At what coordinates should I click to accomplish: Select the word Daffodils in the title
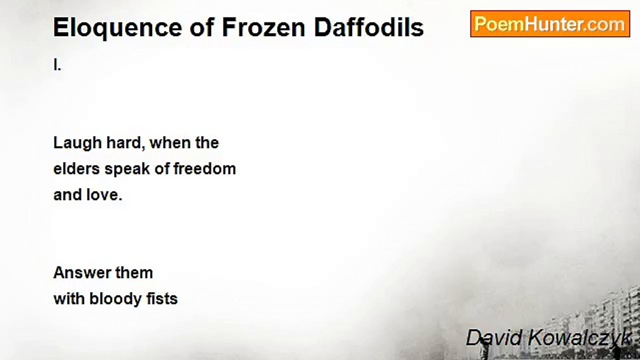(x=369, y=27)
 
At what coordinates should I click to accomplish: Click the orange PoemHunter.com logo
(x=550, y=24)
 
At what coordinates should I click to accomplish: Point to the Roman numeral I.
(x=57, y=65)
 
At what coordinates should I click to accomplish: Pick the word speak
(x=127, y=169)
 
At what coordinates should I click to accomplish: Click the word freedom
(x=204, y=169)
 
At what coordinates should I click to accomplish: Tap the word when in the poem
(x=170, y=143)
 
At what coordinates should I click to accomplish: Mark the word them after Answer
(x=134, y=273)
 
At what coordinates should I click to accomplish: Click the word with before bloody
(x=69, y=299)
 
